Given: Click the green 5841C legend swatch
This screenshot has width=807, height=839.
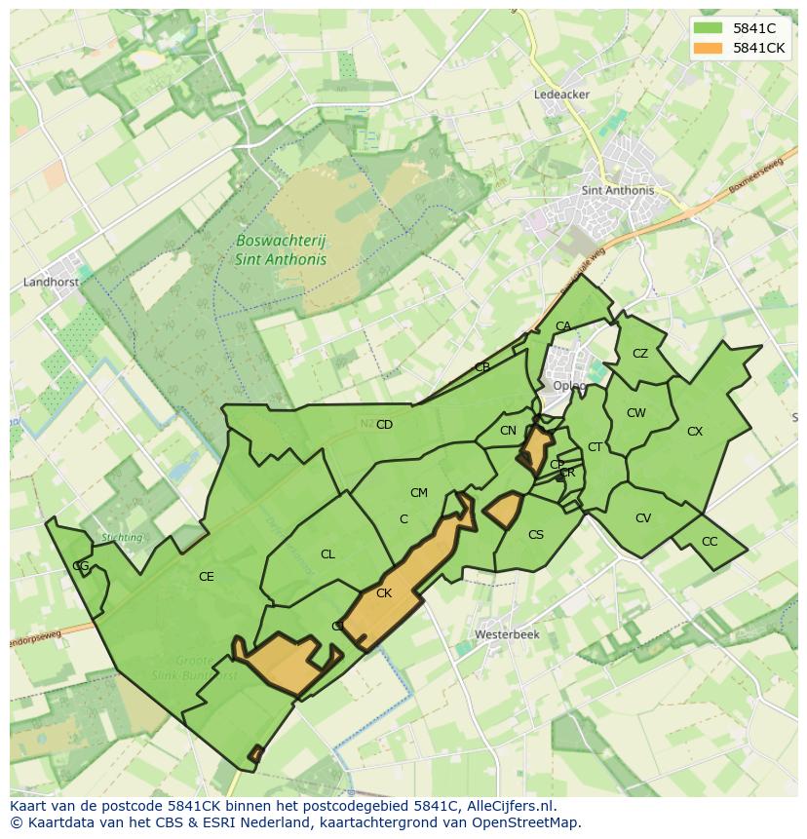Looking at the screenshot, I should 708,28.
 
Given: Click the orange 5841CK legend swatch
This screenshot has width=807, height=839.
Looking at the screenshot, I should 708,48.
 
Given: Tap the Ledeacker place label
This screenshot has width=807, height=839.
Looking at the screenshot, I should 561,95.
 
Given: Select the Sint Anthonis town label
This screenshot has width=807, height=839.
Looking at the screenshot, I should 617,191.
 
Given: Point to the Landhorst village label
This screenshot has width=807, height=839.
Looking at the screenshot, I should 50,283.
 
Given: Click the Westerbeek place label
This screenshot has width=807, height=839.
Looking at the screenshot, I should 507,634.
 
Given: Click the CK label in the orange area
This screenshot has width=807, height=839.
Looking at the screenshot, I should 384,593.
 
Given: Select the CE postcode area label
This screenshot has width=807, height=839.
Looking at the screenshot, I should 206,577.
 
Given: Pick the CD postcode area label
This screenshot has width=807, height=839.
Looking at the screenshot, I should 384,425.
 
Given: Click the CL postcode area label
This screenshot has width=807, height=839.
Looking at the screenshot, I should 327,554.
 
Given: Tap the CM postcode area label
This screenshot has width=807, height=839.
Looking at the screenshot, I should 419,493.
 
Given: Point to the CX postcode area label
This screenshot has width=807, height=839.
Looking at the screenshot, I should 695,432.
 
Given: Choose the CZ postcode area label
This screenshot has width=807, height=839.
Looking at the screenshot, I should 640,354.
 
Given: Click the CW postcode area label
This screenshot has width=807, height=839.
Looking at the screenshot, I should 636,413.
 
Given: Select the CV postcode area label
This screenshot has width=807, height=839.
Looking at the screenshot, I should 643,518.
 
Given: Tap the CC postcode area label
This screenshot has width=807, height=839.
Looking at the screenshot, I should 710,542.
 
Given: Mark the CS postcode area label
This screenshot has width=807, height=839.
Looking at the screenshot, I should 536,535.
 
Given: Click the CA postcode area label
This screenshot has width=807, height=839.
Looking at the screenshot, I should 563,326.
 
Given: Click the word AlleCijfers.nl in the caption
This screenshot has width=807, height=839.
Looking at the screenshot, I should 509,806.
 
